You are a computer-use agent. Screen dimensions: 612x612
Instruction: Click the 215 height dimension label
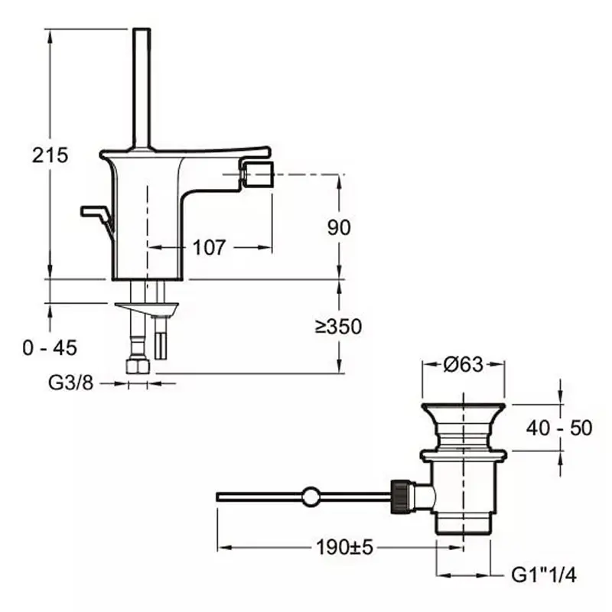(x=50, y=155)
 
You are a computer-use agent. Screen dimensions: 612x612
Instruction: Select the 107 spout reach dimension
(x=209, y=247)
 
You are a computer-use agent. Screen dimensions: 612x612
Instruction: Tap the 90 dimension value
(x=339, y=226)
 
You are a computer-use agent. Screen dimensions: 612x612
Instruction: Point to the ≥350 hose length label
(x=338, y=327)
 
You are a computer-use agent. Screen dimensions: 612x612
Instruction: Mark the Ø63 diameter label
(x=464, y=365)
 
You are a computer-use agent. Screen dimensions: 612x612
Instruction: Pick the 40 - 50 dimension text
(x=560, y=428)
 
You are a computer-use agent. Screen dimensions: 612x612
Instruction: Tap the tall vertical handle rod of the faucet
(x=141, y=88)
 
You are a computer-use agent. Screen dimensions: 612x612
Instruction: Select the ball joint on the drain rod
(x=311, y=496)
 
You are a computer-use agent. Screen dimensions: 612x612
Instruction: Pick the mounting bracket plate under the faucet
(x=147, y=308)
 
